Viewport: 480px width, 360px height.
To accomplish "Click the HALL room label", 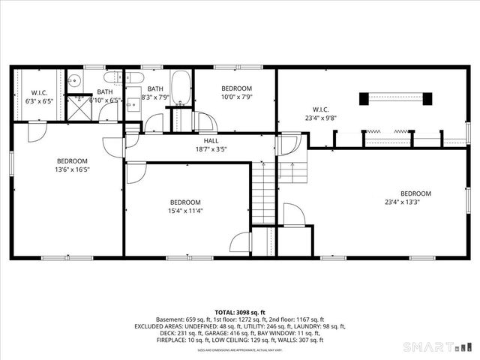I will coord(211,141).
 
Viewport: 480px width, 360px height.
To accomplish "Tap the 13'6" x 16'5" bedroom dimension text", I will coord(73,170).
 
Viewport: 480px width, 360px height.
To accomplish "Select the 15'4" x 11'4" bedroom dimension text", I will coord(185,211).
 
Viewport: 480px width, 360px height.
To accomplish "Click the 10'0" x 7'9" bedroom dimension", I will coord(237,97).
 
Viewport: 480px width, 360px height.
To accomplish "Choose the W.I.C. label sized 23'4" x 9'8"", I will coord(320,117).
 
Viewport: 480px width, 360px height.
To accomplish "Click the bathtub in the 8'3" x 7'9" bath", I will coord(181,88).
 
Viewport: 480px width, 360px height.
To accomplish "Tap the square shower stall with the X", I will coord(77,109).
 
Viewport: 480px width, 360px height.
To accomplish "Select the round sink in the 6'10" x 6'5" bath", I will coord(74,81).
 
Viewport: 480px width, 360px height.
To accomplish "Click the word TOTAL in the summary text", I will coord(225,313).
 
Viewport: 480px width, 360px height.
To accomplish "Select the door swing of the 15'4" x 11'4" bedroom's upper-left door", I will coord(136,174).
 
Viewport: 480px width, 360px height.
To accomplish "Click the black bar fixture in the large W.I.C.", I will coord(395,98).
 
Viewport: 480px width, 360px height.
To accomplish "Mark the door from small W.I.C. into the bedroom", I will coord(35,132).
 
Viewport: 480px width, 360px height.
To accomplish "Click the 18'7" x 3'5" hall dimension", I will coord(211,149).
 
